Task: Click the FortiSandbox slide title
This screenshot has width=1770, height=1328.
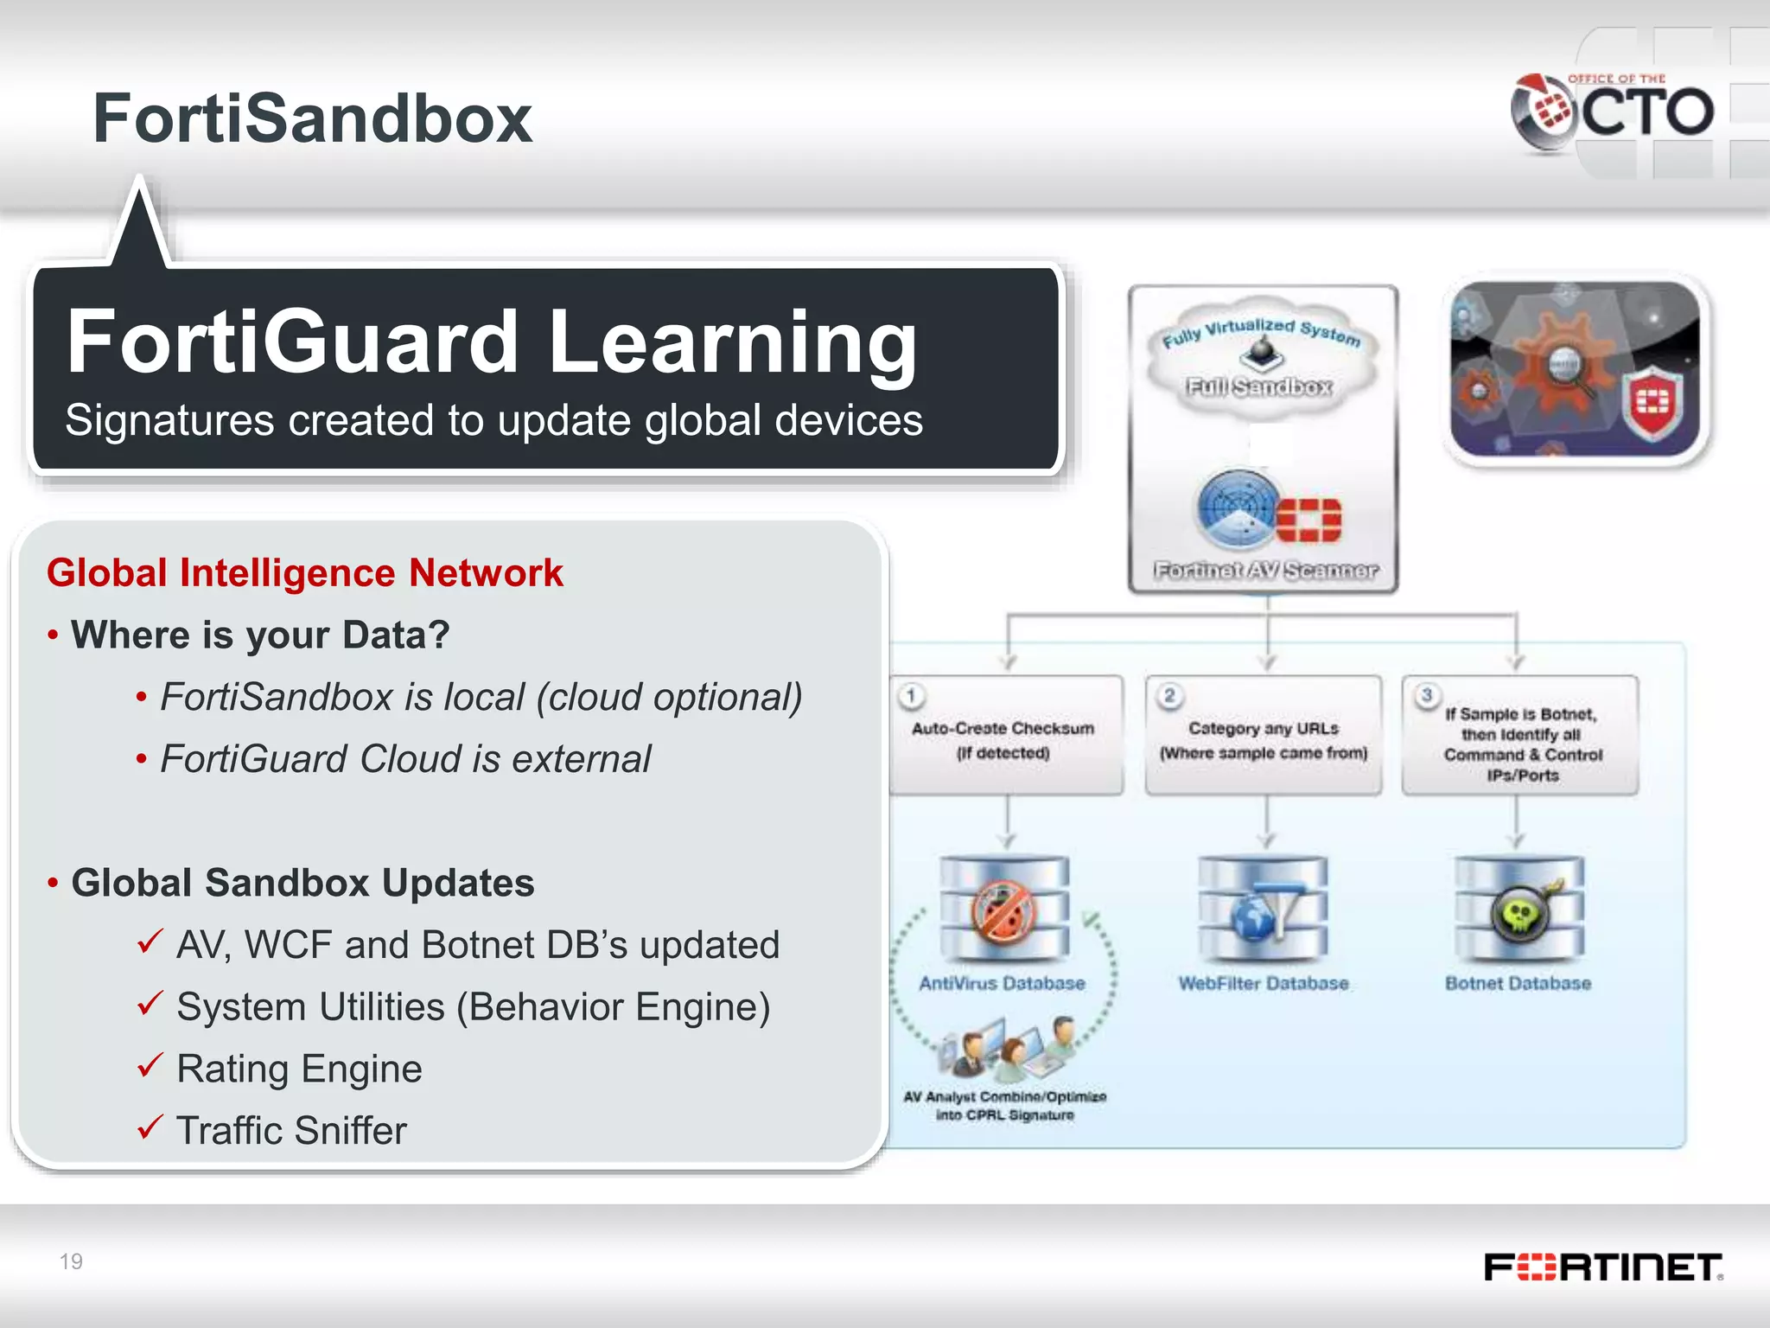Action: pos(312,118)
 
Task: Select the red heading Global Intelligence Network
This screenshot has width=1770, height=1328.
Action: pos(304,573)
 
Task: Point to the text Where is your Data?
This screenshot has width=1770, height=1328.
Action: pos(260,635)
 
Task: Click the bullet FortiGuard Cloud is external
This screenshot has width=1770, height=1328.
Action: pos(405,759)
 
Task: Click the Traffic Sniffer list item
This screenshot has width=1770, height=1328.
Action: pos(291,1131)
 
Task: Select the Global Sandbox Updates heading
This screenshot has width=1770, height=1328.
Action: pos(302,883)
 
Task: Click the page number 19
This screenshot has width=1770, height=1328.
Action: pos(71,1261)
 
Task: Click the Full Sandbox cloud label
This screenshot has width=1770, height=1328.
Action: pos(1259,386)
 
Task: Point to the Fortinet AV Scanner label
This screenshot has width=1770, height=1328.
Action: pos(1266,571)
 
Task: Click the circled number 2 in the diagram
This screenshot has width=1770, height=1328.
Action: pos(1169,696)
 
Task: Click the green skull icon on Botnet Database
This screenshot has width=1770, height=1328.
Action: pos(1519,915)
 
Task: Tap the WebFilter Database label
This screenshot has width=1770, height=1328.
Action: pos(1263,984)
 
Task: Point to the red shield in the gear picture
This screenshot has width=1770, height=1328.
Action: pos(1652,403)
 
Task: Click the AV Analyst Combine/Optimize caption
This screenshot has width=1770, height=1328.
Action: pos(1004,1106)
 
